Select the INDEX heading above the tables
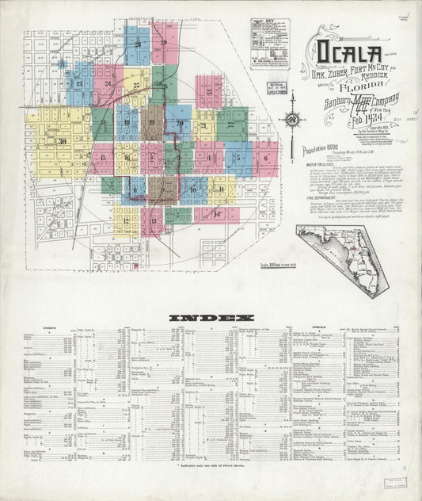tap(205, 318)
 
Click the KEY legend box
tap(270, 55)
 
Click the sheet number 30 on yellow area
tap(61, 141)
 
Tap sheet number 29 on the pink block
tap(163, 43)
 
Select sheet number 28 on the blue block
tap(137, 44)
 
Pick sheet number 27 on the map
tap(209, 91)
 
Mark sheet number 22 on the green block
tap(231, 124)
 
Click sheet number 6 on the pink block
tap(265, 158)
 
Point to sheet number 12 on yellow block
tap(125, 220)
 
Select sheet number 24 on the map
tap(108, 82)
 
